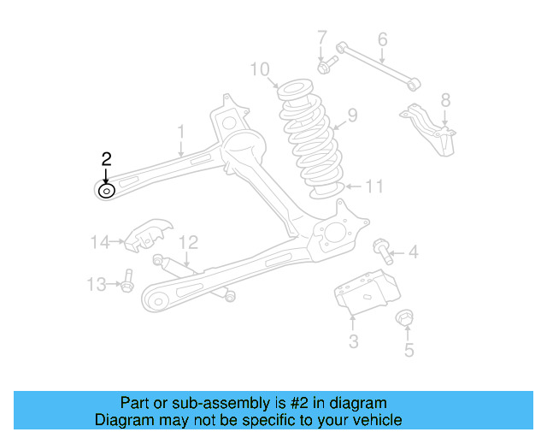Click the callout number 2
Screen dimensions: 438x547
(106, 158)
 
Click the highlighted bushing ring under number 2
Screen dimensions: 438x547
(106, 191)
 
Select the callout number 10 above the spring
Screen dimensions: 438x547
(261, 68)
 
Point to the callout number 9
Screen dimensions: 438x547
(351, 115)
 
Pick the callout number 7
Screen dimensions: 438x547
(322, 38)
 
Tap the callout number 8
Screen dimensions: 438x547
(444, 100)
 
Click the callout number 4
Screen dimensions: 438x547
(414, 252)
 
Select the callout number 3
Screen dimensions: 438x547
(353, 343)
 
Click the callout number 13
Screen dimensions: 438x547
(97, 283)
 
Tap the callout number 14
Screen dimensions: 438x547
(100, 242)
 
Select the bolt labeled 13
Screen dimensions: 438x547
(126, 281)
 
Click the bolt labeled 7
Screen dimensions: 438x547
(326, 64)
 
